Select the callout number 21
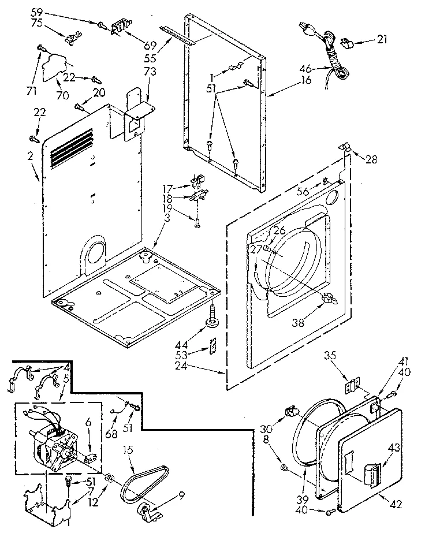pos(382,39)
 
